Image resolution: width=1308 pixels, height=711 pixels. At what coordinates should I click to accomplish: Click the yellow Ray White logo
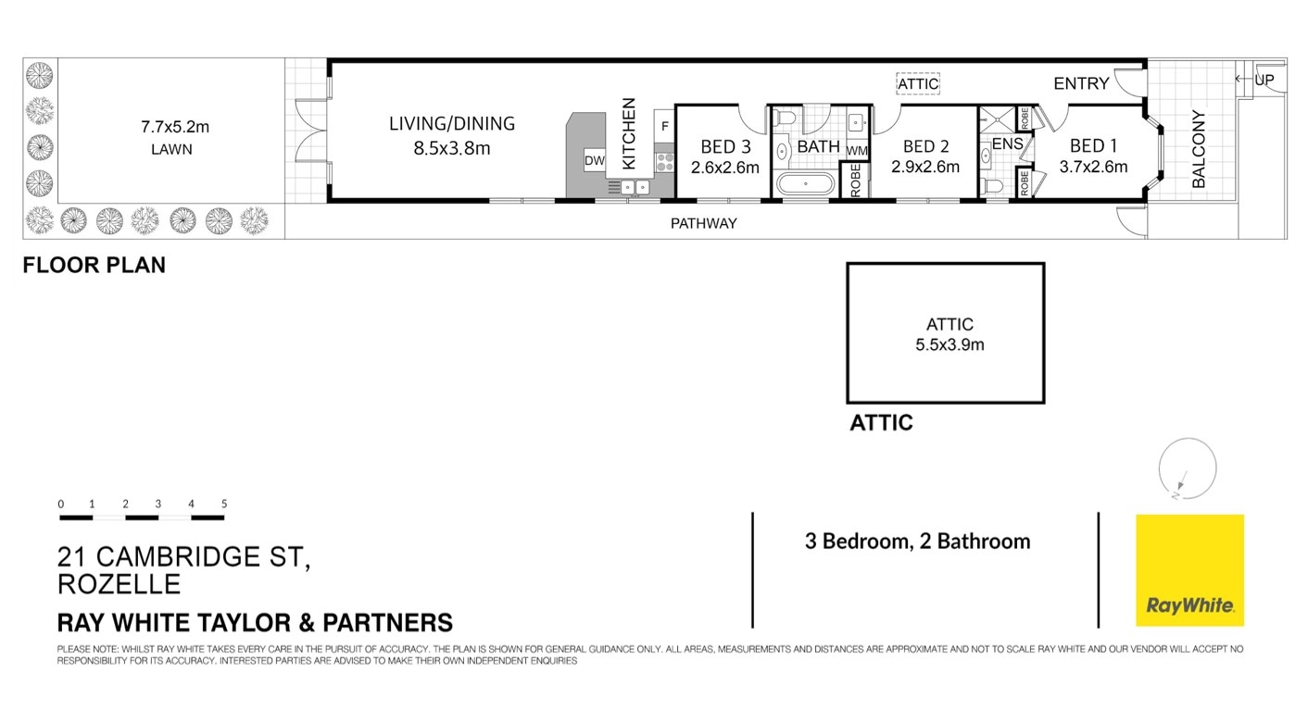pos(1189,570)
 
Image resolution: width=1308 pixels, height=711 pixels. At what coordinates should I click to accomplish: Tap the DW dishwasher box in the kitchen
pos(594,161)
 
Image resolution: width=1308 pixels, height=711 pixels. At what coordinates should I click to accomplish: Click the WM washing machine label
pos(856,150)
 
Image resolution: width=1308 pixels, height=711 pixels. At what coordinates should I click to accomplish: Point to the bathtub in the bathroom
pos(805,182)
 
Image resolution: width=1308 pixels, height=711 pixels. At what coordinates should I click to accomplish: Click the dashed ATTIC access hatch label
pos(918,84)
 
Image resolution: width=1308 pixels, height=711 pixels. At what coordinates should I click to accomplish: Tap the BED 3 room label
pos(725,146)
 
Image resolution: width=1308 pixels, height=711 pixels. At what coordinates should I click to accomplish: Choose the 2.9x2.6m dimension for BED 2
pos(924,168)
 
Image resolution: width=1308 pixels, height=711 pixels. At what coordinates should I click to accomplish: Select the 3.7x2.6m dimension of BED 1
pos(1093,168)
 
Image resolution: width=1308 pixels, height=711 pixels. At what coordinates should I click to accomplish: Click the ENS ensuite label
pos(1007,144)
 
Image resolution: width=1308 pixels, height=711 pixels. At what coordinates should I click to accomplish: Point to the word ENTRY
pos(1081,84)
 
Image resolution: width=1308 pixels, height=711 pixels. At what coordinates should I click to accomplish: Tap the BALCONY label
pos(1199,150)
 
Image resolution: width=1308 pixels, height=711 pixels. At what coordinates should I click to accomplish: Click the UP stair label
pos(1264,81)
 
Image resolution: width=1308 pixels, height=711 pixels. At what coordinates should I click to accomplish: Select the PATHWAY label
pos(704,223)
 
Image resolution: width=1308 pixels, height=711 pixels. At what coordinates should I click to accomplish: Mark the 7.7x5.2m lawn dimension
pos(170,127)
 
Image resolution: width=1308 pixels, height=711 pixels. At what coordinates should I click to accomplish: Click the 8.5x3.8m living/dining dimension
pos(452,147)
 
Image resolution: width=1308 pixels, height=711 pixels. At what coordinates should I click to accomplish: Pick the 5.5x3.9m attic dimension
pos(950,345)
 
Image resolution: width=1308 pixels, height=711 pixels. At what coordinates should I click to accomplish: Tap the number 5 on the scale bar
pos(224,504)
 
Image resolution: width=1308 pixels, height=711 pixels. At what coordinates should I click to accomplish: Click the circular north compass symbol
pos(1187,468)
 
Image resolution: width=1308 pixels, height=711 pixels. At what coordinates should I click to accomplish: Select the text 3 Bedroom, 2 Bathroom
pos(917,542)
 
